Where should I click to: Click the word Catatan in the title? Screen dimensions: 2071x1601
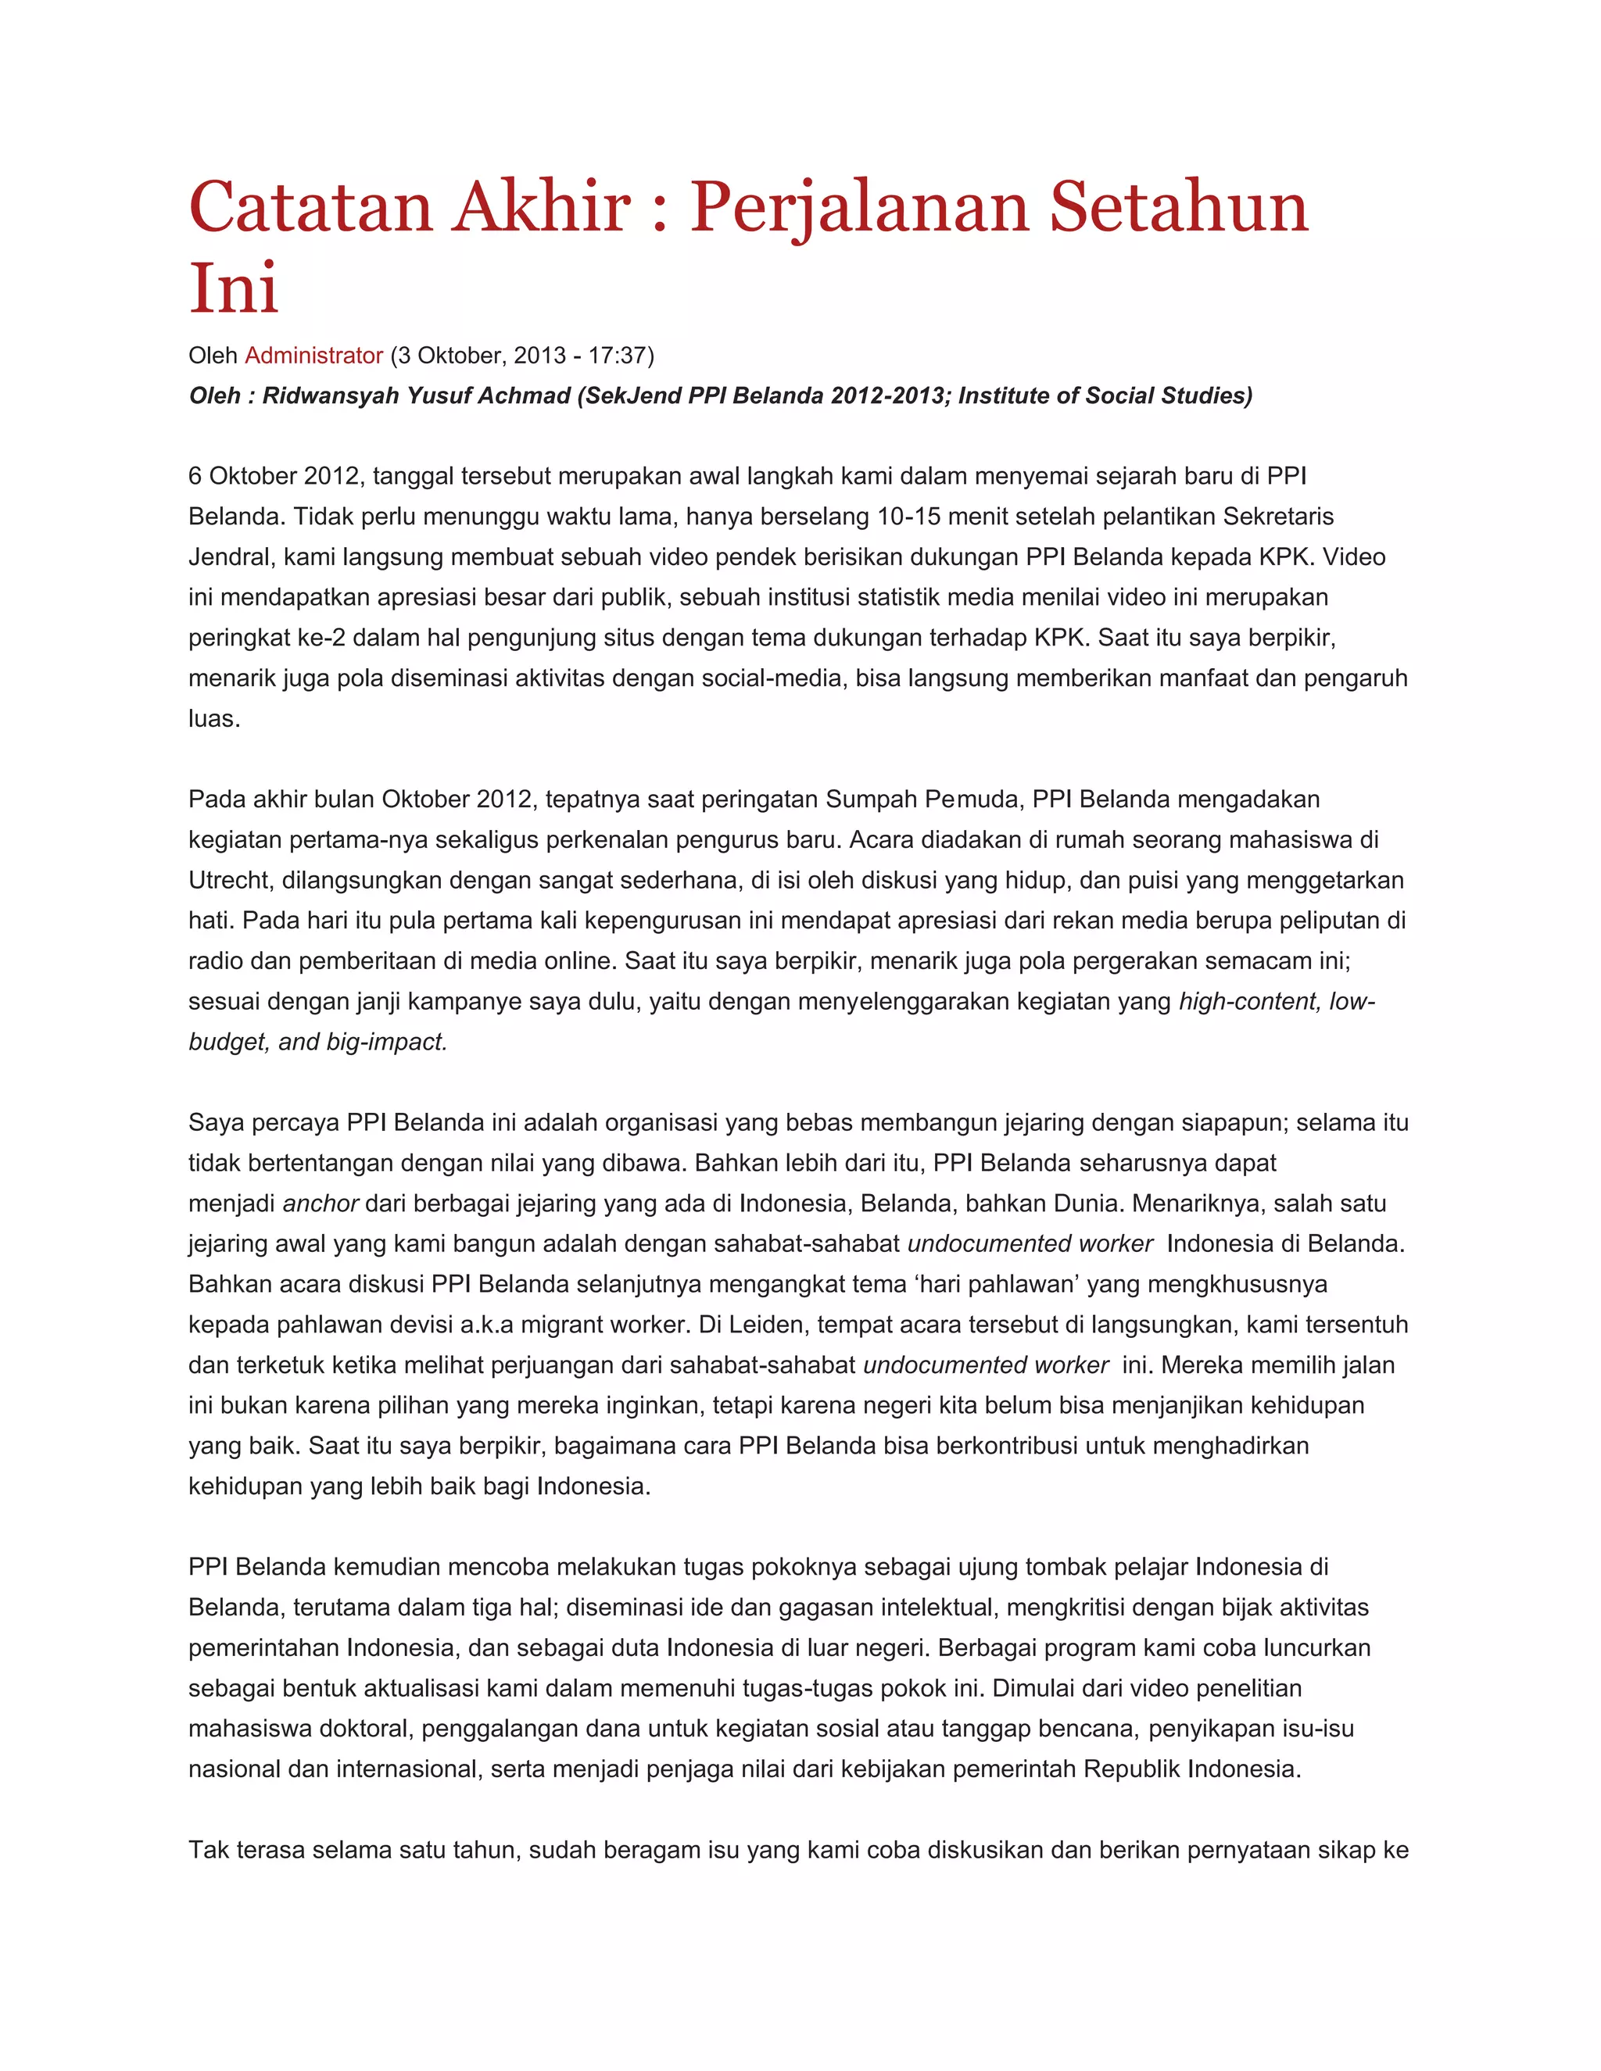pos(311,207)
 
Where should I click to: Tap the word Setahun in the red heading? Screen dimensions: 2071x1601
pos(1178,207)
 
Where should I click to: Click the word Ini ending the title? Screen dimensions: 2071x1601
pos(233,288)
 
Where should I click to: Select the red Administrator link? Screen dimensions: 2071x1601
pos(313,356)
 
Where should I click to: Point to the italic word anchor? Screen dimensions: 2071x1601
pos(321,1204)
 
